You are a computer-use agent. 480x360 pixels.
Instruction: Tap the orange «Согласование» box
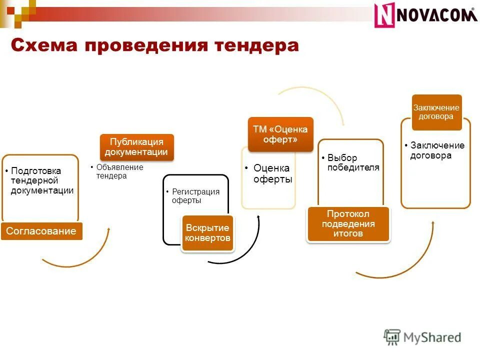41,231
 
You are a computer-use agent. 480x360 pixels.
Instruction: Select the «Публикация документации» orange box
136,147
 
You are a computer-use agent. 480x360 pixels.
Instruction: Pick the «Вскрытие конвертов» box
207,233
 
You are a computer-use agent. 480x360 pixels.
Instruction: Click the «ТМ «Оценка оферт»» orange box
280,134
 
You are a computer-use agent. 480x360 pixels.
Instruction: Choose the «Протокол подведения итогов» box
348,224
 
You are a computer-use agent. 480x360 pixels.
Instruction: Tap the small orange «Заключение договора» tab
436,112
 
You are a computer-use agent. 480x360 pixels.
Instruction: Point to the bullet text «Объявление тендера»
119,171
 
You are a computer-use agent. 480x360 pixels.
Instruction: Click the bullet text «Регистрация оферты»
195,196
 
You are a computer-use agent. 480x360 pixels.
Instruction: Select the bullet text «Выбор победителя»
353,163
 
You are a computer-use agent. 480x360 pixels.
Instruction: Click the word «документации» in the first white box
42,190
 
